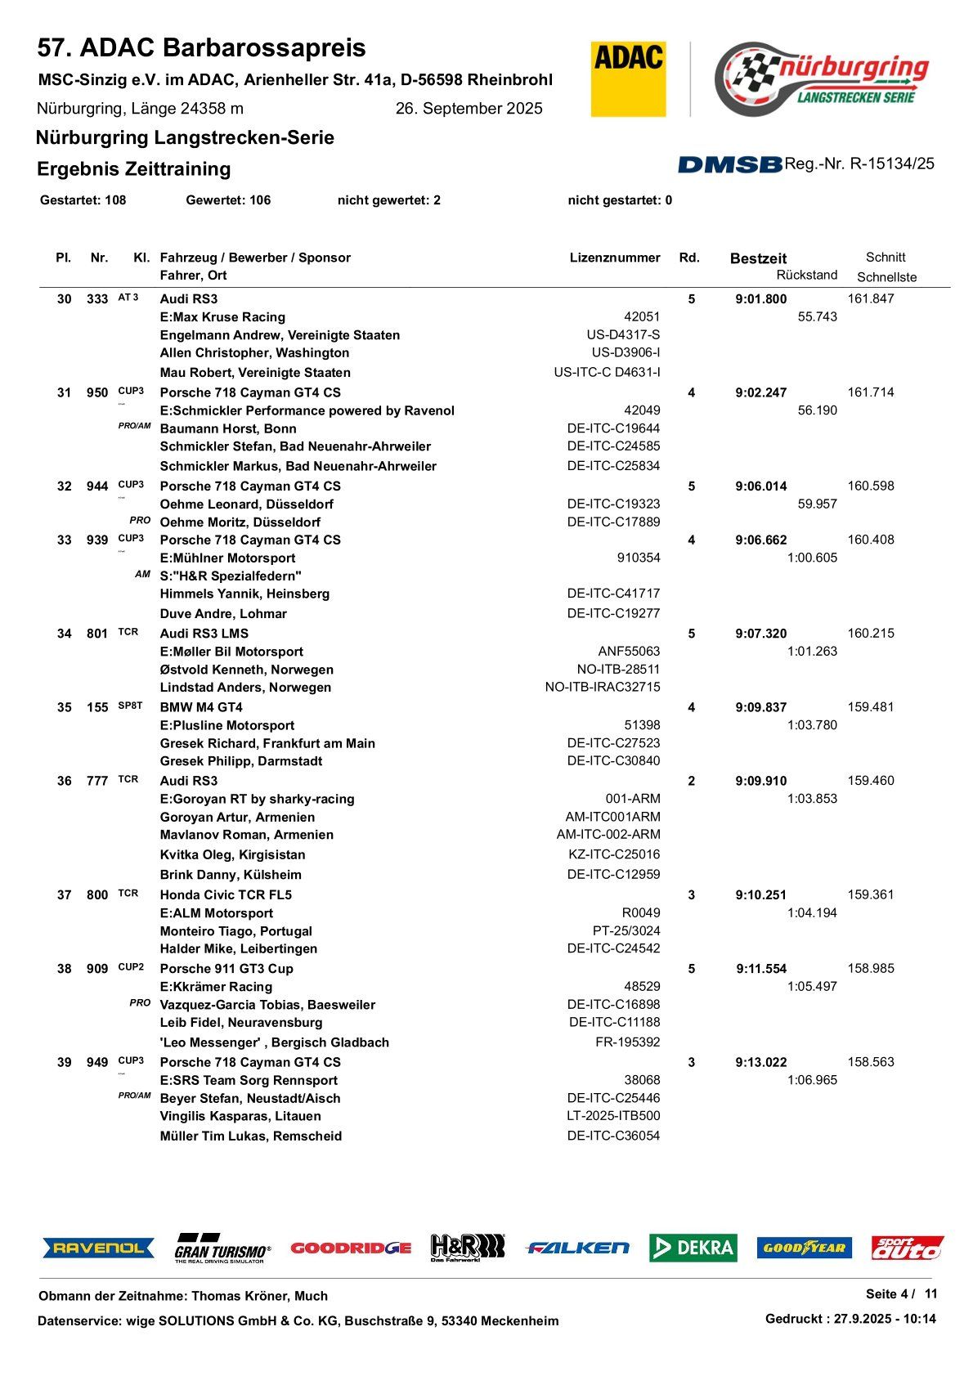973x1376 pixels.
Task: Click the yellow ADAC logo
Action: pyautogui.click(x=628, y=78)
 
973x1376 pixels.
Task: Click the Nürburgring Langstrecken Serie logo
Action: pyautogui.click(x=821, y=78)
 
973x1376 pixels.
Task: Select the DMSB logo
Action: pyautogui.click(x=729, y=164)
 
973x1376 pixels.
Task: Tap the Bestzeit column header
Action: pyautogui.click(x=758, y=258)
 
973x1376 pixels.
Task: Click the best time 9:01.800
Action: pyautogui.click(x=760, y=299)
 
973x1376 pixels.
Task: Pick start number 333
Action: pyautogui.click(x=97, y=299)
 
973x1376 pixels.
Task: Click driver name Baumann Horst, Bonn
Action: pyautogui.click(x=228, y=428)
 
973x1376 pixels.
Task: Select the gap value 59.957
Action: pyautogui.click(x=817, y=504)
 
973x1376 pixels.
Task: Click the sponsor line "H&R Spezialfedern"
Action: pyautogui.click(x=231, y=576)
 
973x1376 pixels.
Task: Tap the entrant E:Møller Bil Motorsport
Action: pyautogui.click(x=231, y=652)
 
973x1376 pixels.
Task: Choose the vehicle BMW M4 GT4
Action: pyautogui.click(x=201, y=707)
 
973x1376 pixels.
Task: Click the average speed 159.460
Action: pyautogui.click(x=871, y=781)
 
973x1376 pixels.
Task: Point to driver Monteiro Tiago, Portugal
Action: pyautogui.click(x=235, y=931)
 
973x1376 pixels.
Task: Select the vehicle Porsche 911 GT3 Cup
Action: pyautogui.click(x=226, y=969)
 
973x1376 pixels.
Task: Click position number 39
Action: pyautogui.click(x=65, y=1062)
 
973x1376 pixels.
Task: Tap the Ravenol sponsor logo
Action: pyautogui.click(x=99, y=1248)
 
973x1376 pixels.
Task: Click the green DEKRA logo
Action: pyautogui.click(x=693, y=1248)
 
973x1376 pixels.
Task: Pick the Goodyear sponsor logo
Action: pyautogui.click(x=804, y=1248)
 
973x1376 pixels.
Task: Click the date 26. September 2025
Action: pyautogui.click(x=469, y=109)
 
